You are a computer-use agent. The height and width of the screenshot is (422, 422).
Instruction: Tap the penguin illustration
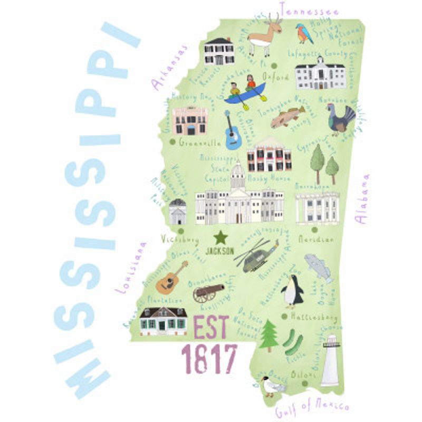pyautogui.click(x=292, y=291)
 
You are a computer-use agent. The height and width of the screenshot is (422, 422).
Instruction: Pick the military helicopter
pyautogui.click(x=257, y=256)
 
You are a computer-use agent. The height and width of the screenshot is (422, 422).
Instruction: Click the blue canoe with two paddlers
pyautogui.click(x=245, y=91)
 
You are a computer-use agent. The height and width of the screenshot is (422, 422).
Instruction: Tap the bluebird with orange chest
pyautogui.click(x=304, y=34)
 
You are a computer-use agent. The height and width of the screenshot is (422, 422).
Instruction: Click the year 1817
pyautogui.click(x=209, y=359)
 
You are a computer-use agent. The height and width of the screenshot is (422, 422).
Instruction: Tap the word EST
pyautogui.click(x=212, y=328)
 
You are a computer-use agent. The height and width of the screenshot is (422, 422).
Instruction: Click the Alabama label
pyautogui.click(x=363, y=198)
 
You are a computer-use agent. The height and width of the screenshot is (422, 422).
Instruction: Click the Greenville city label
pyautogui.click(x=199, y=142)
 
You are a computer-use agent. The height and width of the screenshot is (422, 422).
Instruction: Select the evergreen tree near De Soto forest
pyautogui.click(x=268, y=335)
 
